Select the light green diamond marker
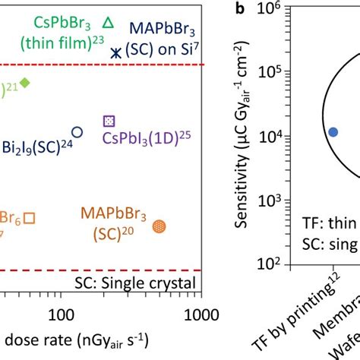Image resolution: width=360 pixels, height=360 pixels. (x=25, y=82)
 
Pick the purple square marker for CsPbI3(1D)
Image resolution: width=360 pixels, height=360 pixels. (x=109, y=121)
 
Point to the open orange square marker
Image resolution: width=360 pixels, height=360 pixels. (x=30, y=218)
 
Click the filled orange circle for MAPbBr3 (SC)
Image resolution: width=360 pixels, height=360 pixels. (x=159, y=226)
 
